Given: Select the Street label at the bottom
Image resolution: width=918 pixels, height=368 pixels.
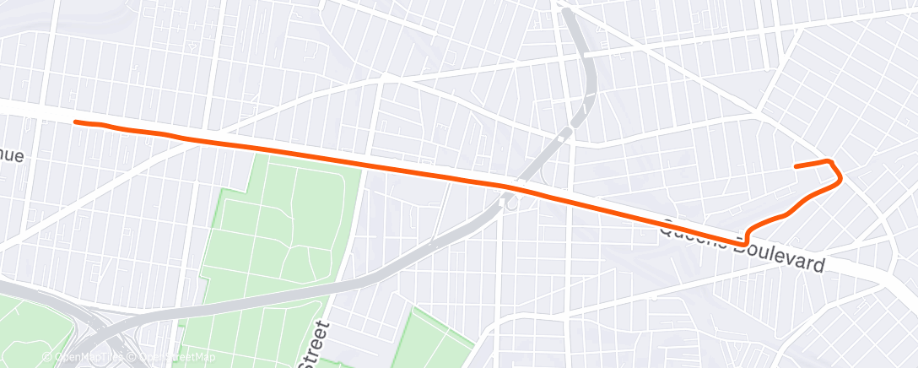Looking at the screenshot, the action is [315, 344].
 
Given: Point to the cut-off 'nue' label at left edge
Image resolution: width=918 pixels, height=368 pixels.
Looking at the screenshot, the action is [12, 156].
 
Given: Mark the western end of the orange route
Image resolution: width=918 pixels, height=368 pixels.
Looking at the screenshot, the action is [76, 122].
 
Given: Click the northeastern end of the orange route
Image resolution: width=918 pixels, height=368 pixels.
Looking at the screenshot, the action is [796, 166].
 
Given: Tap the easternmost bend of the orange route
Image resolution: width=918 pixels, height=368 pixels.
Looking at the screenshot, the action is [840, 177].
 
